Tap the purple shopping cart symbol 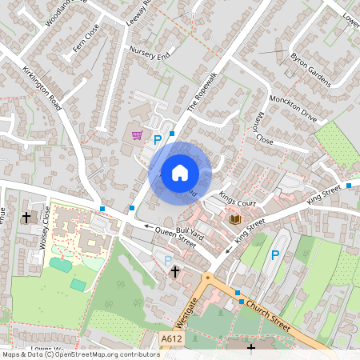tap(137, 135)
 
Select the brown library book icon tap(235, 219)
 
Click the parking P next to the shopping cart tap(158, 140)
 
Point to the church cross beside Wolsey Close tap(26, 217)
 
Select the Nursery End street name tap(150, 52)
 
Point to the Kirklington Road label tap(42, 88)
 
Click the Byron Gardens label tap(310, 69)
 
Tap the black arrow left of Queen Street tap(147, 226)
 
